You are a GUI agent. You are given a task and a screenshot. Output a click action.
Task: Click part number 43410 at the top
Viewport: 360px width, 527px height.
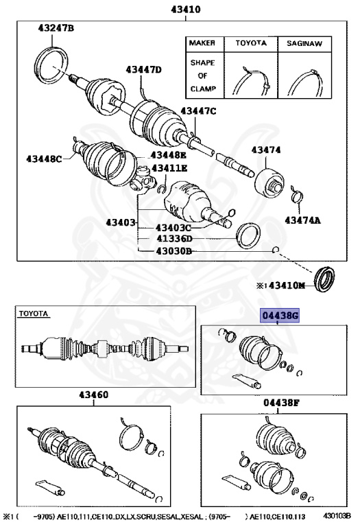point(180,9)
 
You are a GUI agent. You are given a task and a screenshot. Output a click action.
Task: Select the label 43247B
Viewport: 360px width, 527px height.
point(56,28)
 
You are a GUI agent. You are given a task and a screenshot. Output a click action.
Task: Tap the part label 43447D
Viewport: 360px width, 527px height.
point(143,69)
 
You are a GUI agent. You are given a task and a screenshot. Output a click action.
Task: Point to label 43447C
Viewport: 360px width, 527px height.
point(198,111)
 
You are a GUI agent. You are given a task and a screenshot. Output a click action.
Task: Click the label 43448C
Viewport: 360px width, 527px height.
point(45,159)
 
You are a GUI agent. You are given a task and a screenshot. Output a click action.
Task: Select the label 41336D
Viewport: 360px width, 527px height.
point(174,239)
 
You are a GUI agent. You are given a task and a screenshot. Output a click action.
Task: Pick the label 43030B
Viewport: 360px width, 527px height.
point(174,251)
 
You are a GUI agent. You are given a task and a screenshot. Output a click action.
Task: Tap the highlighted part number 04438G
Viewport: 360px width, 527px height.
point(280,316)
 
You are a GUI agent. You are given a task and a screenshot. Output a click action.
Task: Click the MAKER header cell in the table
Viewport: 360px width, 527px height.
point(204,43)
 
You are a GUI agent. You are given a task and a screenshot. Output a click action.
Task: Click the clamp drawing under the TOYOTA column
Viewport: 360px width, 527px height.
point(251,80)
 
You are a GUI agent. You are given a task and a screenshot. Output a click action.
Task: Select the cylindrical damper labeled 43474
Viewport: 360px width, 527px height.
point(268,180)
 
